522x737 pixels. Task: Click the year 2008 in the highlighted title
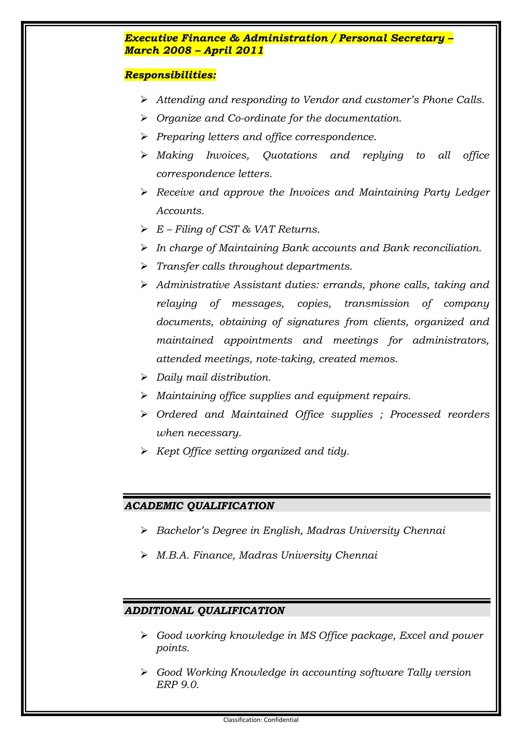[177, 51]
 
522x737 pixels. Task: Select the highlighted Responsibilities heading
[170, 75]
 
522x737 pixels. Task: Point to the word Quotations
[290, 155]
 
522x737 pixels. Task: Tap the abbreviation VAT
[264, 229]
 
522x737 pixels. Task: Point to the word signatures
[313, 322]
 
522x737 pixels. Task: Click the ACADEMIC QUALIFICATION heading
[199, 506]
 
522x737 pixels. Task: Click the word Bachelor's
[182, 531]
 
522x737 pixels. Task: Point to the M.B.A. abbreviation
[173, 555]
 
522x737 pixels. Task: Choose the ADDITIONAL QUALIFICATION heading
[205, 611]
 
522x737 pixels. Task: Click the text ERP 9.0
[177, 685]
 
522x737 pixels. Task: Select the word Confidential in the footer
[281, 720]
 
